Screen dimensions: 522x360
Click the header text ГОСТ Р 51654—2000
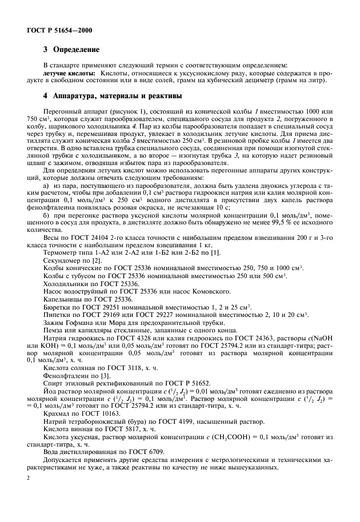pos(60,29)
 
